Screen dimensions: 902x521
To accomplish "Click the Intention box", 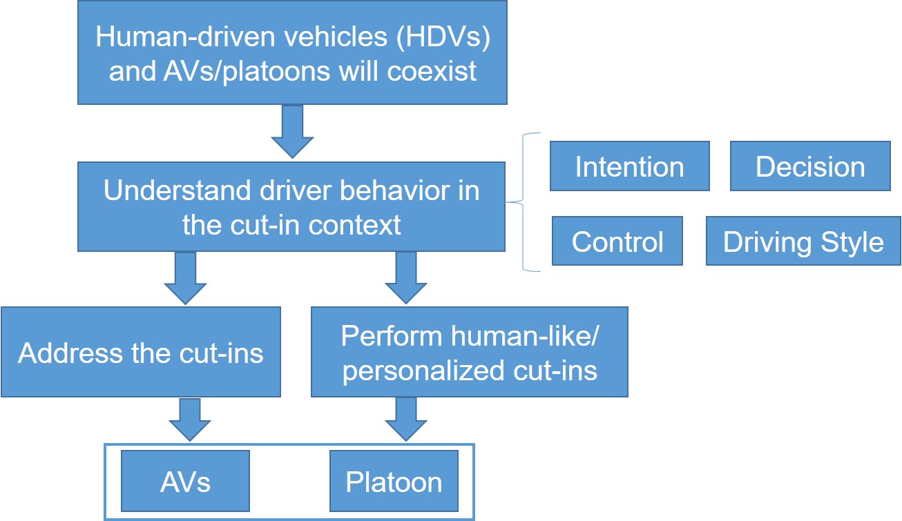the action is [630, 166].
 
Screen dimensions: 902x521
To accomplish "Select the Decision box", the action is [810, 166].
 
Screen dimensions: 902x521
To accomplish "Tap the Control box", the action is [617, 241].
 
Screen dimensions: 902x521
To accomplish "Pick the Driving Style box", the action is [803, 241].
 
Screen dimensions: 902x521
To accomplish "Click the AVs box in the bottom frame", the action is [185, 481].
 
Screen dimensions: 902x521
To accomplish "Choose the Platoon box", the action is [394, 481].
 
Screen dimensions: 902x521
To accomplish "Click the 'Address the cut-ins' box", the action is [141, 352].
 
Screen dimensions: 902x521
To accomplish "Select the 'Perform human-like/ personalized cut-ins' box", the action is [470, 352].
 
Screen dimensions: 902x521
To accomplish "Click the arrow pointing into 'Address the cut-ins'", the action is [185, 278].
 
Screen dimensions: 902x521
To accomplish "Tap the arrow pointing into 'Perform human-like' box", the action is [406, 278].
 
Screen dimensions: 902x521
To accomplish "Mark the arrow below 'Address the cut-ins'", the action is [190, 420].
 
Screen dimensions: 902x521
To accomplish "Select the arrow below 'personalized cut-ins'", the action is [406, 420].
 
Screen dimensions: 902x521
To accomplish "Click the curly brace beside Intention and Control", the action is [523, 202].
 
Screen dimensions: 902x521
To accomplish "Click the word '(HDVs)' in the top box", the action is [443, 37].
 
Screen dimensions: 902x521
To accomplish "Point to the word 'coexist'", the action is [432, 71].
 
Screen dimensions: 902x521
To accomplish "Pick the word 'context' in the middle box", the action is [355, 225].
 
